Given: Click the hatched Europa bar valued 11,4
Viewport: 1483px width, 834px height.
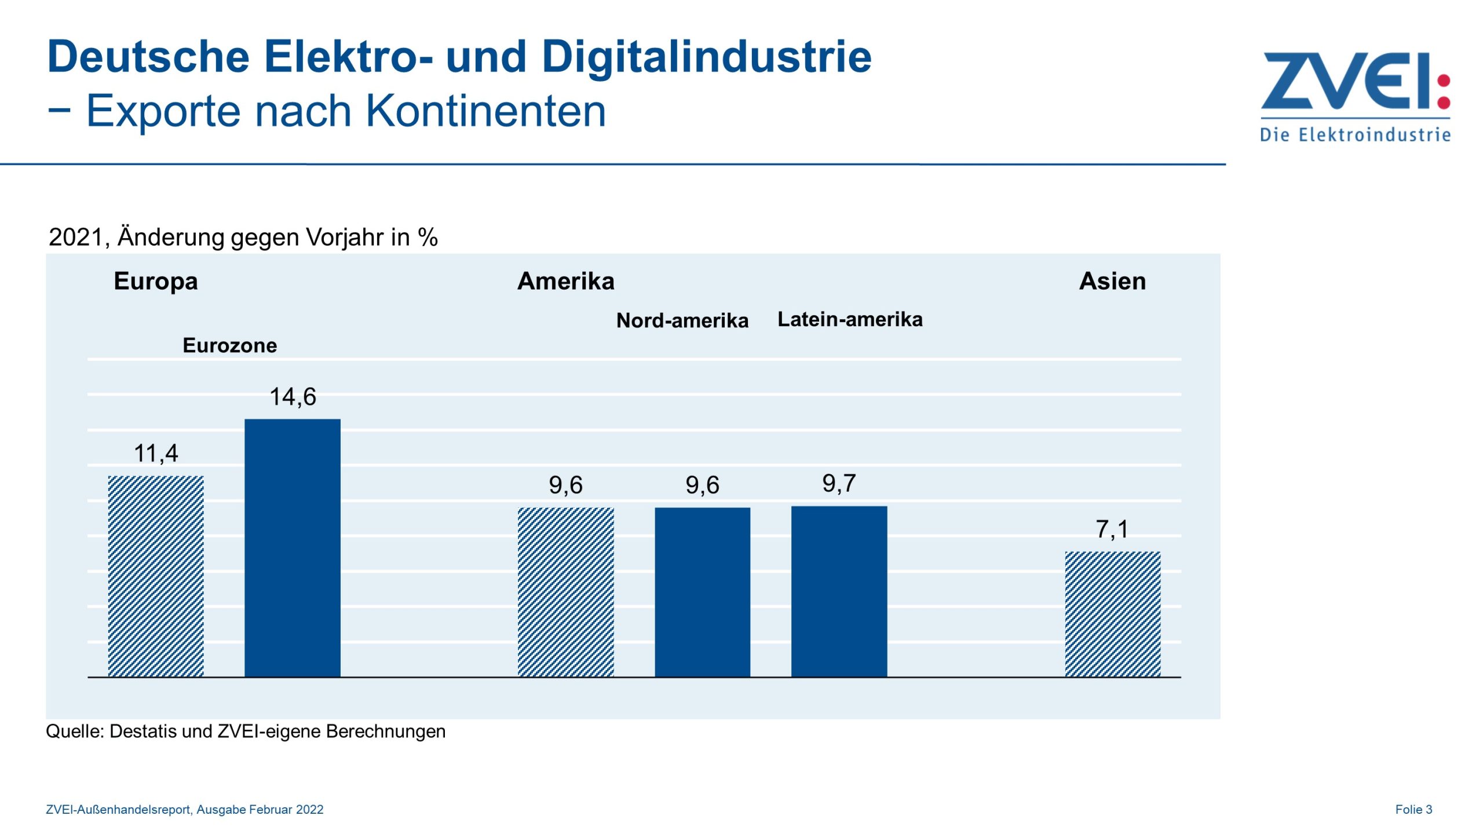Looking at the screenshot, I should [156, 576].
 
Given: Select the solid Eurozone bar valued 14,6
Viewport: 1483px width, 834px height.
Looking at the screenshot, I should [293, 547].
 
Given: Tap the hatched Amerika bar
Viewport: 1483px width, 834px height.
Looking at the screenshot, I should [565, 591].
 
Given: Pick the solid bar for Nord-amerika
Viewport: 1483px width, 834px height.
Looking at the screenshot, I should [702, 591].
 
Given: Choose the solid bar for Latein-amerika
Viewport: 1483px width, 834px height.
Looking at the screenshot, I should [839, 591].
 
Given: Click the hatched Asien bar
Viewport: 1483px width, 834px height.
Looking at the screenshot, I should [1112, 613].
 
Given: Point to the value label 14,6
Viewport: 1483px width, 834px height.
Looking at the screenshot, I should [293, 397].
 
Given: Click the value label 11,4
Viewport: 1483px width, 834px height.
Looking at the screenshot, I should [156, 453].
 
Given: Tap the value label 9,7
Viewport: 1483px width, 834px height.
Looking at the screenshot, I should [839, 483].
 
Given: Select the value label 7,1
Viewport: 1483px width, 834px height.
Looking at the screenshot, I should [1112, 529].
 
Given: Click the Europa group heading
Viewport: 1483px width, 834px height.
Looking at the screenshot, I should [156, 281].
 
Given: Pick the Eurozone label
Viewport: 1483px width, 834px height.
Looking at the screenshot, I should [229, 345].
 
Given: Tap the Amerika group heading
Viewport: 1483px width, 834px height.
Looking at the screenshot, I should [565, 281].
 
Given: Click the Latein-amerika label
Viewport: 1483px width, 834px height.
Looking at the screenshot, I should [849, 319].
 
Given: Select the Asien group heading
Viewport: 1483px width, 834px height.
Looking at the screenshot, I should [1112, 281].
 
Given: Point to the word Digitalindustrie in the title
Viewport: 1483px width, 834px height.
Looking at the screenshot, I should [706, 57].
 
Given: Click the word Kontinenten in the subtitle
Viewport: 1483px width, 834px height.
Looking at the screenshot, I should [485, 111].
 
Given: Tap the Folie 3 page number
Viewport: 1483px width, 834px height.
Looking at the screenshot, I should [1413, 809].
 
